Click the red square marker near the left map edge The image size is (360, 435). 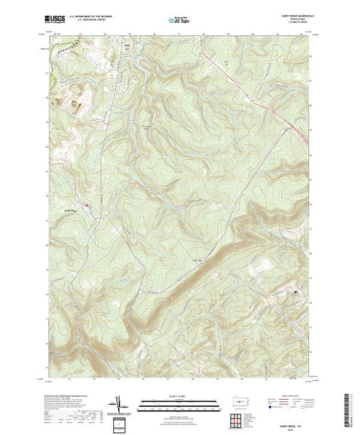pyautogui.click(x=86, y=205)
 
